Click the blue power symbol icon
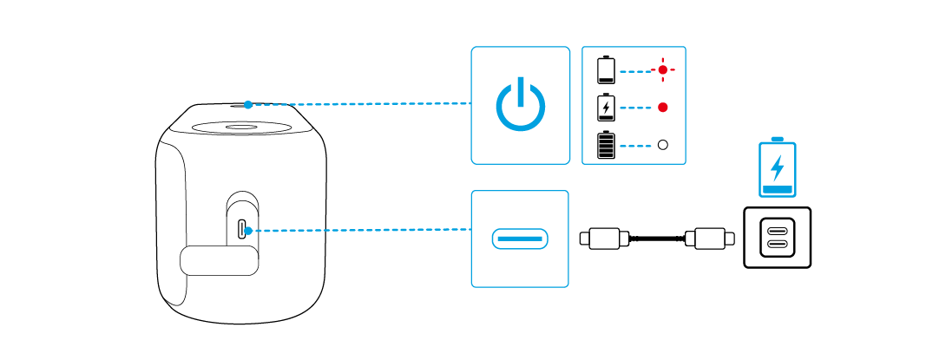click(521, 105)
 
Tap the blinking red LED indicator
click(663, 69)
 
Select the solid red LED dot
click(663, 108)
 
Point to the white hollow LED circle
click(663, 145)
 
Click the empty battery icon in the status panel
click(606, 69)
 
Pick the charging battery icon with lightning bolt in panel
click(606, 108)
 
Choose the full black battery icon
click(606, 145)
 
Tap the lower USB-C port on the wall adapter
click(778, 245)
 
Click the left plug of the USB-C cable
click(604, 237)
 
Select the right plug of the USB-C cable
click(711, 237)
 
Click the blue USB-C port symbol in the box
click(520, 238)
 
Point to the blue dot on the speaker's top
click(248, 104)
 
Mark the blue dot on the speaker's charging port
click(248, 231)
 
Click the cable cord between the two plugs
click(657, 237)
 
